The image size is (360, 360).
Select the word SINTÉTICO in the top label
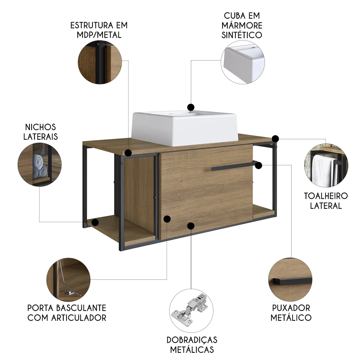coord(242,35)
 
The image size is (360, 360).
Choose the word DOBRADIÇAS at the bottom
coord(192,340)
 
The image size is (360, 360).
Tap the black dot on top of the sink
coord(191,107)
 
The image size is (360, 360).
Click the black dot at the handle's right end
coord(258,165)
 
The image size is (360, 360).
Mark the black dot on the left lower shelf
coord(95,222)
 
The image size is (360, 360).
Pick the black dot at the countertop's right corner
coord(275,139)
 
